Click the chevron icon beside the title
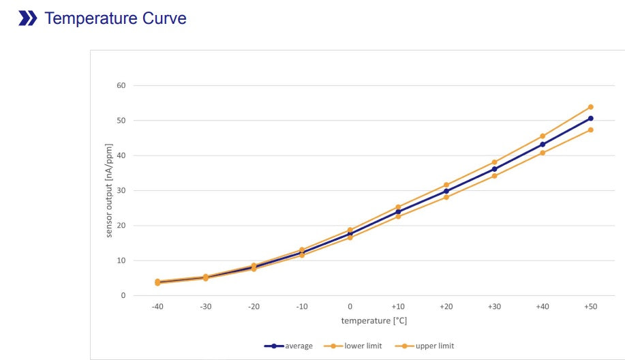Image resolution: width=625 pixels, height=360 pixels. point(28,18)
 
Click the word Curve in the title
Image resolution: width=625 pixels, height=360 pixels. point(163,18)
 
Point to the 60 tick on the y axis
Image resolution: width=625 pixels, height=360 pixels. point(121,85)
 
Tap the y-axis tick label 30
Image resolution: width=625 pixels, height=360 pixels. point(121,190)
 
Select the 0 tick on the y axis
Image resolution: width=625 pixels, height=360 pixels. point(123,295)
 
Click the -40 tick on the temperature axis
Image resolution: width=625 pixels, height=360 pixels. point(157,307)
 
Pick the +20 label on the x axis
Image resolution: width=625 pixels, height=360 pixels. point(446,307)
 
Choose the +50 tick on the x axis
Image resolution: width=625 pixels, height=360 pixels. point(590,307)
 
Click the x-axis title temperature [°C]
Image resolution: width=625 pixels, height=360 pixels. point(374,320)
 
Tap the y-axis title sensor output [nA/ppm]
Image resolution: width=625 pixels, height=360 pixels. point(109,190)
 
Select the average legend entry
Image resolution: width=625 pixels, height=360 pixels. point(289,346)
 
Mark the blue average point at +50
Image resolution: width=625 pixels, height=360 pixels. point(590,119)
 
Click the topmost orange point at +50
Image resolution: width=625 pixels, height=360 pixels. point(590,107)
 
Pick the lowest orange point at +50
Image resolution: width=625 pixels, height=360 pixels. point(590,130)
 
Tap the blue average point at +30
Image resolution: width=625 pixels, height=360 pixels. point(494,169)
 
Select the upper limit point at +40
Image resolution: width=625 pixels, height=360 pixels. point(543,136)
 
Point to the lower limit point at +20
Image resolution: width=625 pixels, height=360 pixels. point(446,197)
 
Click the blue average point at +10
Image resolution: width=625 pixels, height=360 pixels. point(398,211)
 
